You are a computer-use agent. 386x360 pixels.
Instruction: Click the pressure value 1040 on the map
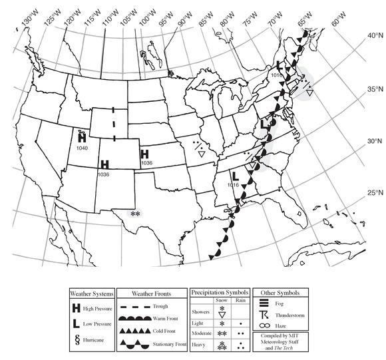tap(83, 148)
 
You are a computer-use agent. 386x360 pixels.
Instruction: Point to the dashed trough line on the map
tap(114, 124)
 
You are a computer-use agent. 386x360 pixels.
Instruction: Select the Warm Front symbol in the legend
tap(142, 317)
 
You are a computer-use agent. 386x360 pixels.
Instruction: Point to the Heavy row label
tap(200, 345)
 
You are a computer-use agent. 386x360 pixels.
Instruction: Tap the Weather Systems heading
tap(93, 293)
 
